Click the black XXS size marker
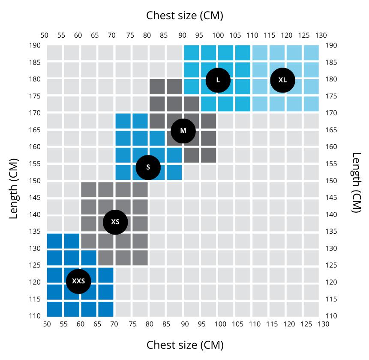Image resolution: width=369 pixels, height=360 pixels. pos(78,281)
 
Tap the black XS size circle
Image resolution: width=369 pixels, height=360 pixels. pos(115,222)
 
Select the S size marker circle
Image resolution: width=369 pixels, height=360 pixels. pos(148,167)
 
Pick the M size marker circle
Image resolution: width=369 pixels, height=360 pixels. pos(183,131)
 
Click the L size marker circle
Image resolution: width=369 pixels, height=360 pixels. pos(218,80)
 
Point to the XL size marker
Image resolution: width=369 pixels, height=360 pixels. pos(282,80)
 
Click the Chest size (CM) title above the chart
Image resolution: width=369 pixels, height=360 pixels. pos(185,16)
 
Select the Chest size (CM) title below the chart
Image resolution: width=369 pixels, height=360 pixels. pos(185,345)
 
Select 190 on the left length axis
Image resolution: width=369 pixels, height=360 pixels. pos(35,45)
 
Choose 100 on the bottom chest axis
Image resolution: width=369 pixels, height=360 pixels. pos(220,324)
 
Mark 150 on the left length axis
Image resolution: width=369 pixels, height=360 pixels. pos(35,181)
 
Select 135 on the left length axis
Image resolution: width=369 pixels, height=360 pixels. pos(35,232)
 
